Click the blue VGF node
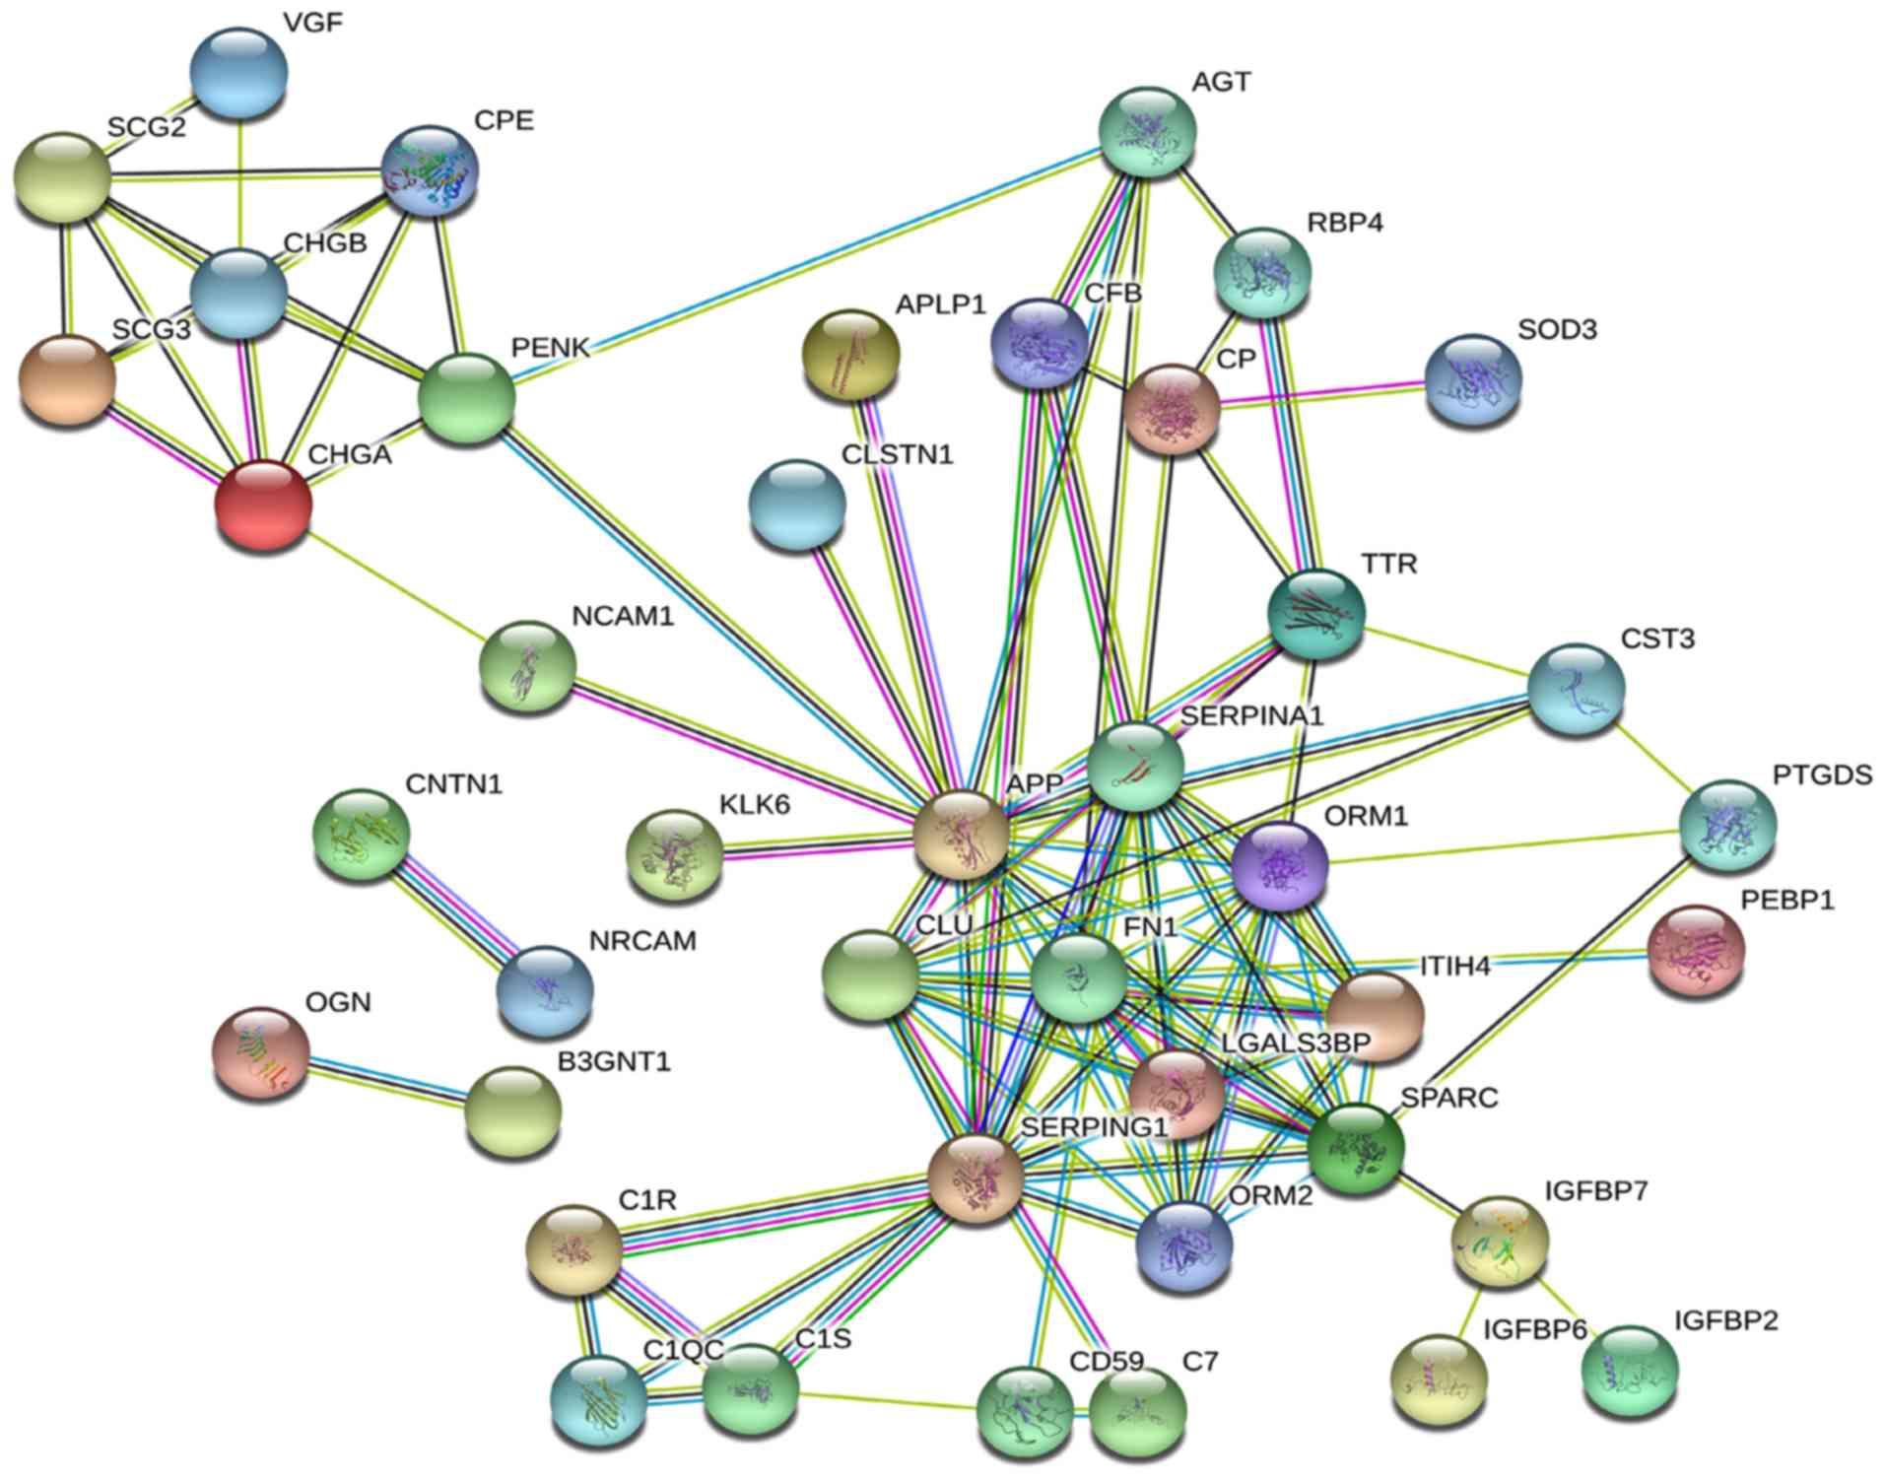tap(238, 73)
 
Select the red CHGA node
tap(262, 504)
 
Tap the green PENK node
tap(466, 398)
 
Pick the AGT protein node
tap(1147, 132)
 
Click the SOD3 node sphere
tap(1472, 380)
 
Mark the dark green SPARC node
tap(1355, 1147)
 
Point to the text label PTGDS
tap(1822, 775)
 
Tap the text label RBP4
tap(1344, 224)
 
